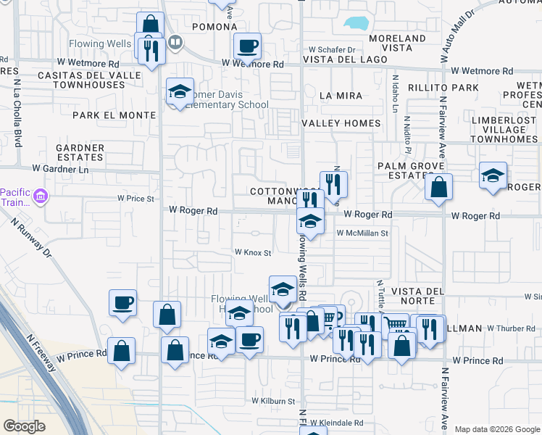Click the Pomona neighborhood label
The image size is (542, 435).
click(x=214, y=27)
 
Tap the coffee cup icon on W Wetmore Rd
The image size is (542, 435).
click(x=247, y=47)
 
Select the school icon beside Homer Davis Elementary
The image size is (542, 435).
click(x=180, y=92)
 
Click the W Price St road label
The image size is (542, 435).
click(x=136, y=198)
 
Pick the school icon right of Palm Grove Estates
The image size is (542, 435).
click(x=493, y=176)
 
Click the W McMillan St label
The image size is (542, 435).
click(x=363, y=233)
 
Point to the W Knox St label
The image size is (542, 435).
click(x=252, y=253)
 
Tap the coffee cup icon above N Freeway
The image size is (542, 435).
click(x=122, y=302)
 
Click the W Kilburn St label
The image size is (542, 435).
click(x=273, y=401)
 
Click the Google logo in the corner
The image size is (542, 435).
click(x=25, y=426)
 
